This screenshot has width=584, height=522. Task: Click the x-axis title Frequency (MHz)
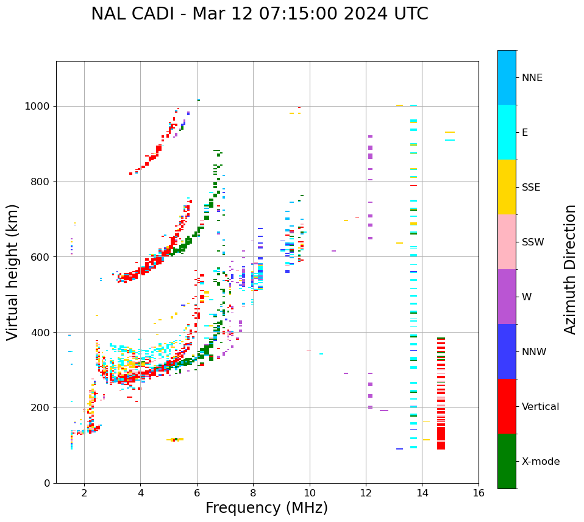click(266, 508)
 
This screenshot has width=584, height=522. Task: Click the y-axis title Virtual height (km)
click(13, 272)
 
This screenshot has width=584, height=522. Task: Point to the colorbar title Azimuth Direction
click(570, 269)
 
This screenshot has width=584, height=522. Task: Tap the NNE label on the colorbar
click(532, 78)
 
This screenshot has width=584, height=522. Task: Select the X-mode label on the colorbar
click(540, 462)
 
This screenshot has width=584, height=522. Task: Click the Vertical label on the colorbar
click(540, 407)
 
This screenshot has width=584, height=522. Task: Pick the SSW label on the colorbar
click(532, 242)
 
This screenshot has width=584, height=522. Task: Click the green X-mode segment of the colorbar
click(507, 461)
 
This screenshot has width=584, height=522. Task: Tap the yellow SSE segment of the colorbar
click(507, 187)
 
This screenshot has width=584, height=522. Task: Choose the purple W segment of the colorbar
click(507, 297)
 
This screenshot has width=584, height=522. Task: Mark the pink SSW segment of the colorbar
click(507, 242)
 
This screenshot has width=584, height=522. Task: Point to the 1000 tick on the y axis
click(38, 106)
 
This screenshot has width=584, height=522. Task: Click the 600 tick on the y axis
click(41, 257)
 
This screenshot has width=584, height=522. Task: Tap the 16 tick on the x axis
click(479, 493)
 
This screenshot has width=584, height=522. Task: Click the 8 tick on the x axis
click(253, 493)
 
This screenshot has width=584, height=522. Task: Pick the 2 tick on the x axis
click(84, 493)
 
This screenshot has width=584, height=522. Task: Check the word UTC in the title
click(408, 14)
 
